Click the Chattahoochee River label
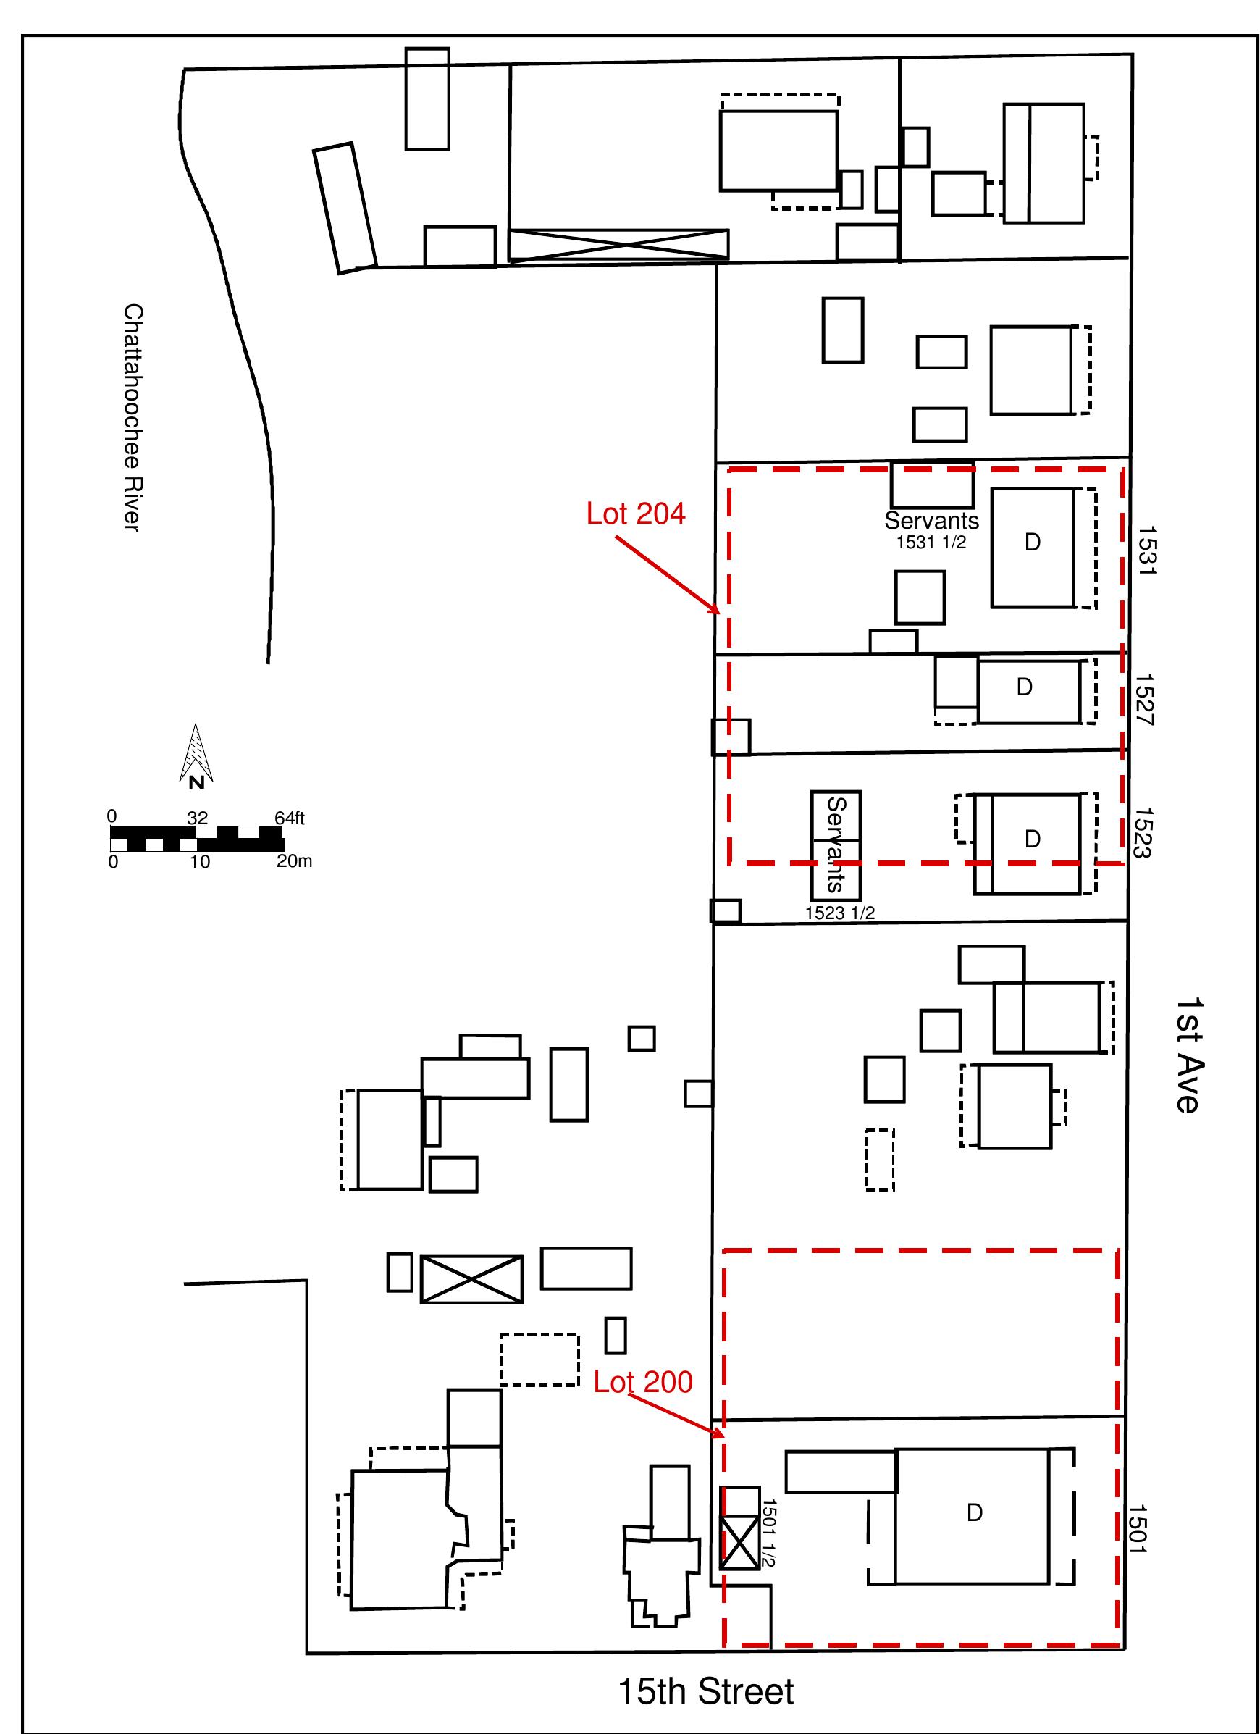tap(133, 418)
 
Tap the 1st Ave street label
tap(1188, 1055)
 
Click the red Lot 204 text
tap(635, 514)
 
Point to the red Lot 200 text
tap(643, 1381)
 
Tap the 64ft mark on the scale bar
tap(290, 818)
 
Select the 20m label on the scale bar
tap(294, 862)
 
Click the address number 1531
tap(1148, 550)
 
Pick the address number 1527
tap(1146, 699)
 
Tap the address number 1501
tap(1138, 1529)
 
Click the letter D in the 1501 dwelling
tap(973, 1512)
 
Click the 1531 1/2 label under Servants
tap(931, 542)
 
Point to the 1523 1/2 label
tap(839, 912)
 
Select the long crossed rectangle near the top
tap(618, 245)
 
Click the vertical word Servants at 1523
tap(836, 844)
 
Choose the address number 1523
tap(1143, 833)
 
